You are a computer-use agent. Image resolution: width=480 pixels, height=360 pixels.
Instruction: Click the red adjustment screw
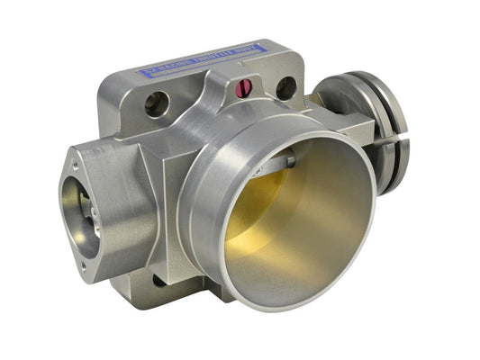(x=242, y=87)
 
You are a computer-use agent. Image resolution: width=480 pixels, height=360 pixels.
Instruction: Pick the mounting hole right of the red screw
(x=286, y=88)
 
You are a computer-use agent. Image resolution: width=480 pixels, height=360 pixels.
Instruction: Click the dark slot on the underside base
(x=162, y=280)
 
